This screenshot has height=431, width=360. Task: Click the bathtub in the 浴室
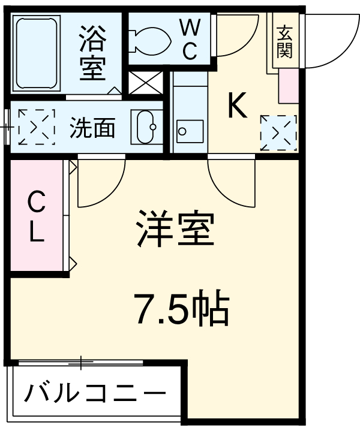(36, 53)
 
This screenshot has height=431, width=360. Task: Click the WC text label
(190, 40)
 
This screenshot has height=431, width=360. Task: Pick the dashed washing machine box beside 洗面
(37, 127)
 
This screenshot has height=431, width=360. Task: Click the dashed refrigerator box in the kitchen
(278, 132)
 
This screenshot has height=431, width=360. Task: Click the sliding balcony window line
(81, 362)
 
